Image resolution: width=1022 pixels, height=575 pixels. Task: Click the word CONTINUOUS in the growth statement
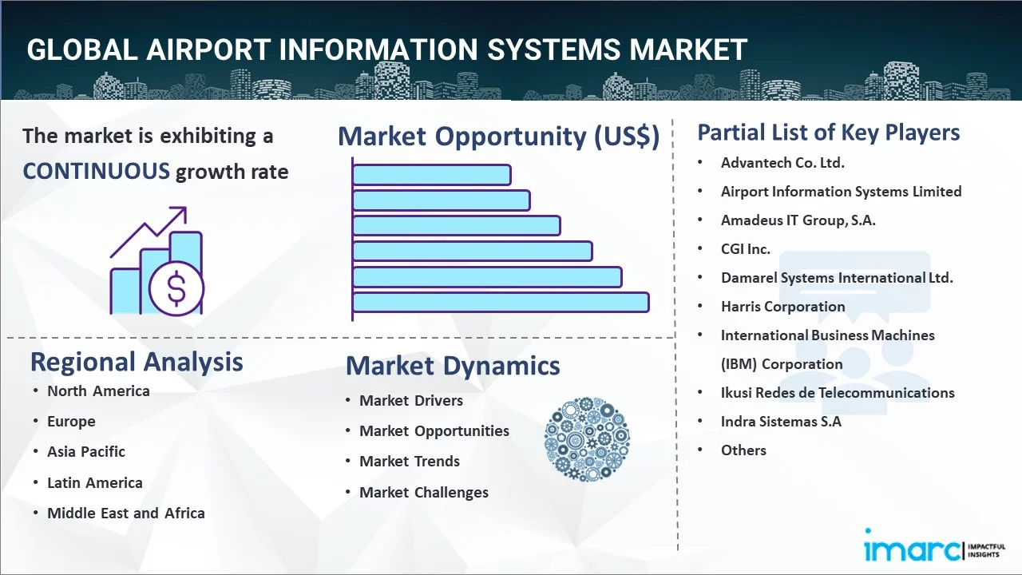point(96,171)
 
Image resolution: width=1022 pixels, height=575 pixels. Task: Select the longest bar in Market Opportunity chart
point(501,302)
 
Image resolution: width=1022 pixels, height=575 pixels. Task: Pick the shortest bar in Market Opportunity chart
point(431,174)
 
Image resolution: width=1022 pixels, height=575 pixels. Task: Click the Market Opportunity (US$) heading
point(498,137)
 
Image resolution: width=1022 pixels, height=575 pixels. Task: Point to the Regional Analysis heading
point(137,362)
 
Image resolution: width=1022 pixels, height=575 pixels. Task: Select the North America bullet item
point(98,391)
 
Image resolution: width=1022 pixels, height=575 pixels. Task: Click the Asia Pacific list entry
point(86,451)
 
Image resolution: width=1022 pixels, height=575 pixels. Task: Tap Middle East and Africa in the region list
point(126,513)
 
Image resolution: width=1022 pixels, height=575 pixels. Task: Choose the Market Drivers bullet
point(411,400)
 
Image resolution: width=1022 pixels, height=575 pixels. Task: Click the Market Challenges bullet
point(424,492)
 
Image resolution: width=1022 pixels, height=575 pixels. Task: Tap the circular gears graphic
point(587,439)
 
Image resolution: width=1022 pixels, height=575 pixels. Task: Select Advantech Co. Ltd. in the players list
point(782,162)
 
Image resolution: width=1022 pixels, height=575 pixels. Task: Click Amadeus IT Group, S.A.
point(798,220)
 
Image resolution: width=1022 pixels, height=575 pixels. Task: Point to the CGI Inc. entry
point(746,248)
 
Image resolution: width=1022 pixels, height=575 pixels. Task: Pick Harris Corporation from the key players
point(782,306)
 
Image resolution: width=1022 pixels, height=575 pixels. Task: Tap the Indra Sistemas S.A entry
point(781,421)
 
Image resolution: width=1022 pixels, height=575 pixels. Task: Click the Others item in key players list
point(743,450)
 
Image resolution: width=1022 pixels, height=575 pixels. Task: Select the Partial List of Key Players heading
point(829,132)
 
